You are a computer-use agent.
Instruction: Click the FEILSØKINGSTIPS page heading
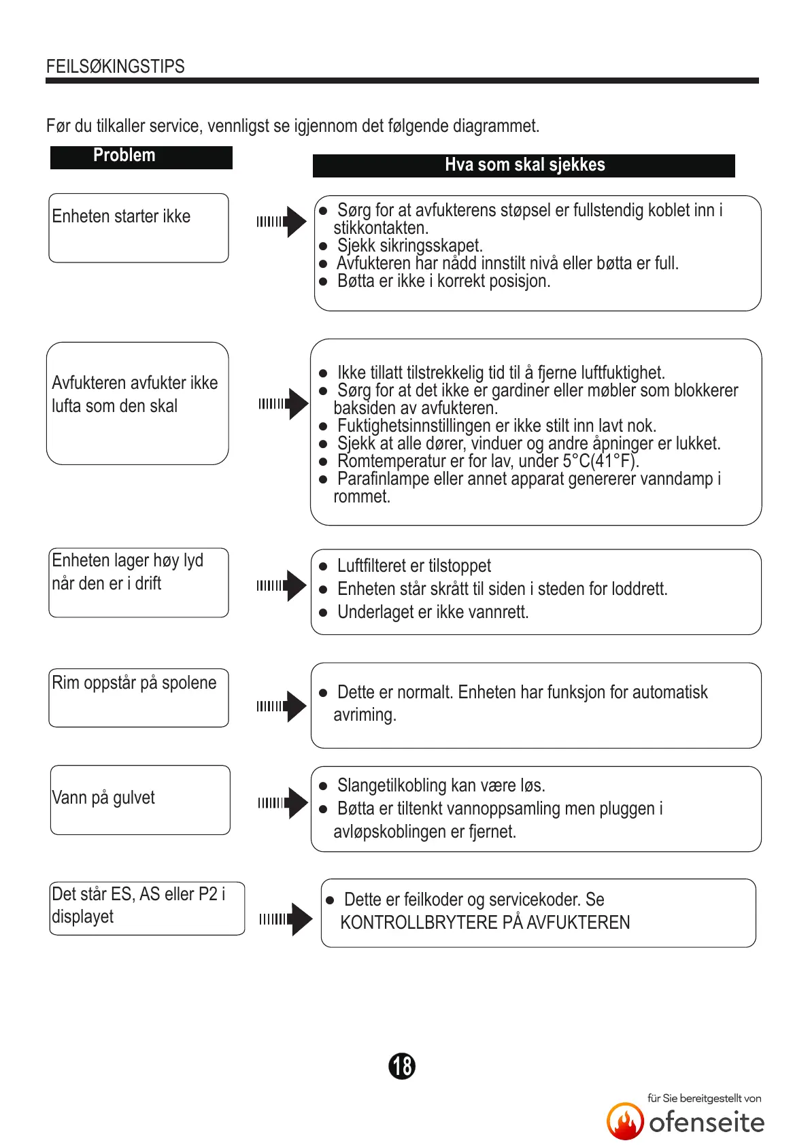click(116, 67)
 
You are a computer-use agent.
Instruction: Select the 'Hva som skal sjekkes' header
click(524, 165)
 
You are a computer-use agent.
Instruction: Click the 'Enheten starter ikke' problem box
click(139, 227)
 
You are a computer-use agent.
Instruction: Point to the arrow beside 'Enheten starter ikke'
click(282, 222)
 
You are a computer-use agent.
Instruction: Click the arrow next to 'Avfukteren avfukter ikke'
click(283, 404)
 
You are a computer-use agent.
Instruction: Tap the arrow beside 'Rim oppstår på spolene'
click(282, 706)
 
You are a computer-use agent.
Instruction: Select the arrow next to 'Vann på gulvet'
click(283, 803)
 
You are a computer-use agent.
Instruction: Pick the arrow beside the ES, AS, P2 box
click(286, 919)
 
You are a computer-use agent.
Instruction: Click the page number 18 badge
click(402, 1065)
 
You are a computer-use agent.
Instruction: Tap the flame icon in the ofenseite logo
click(625, 1121)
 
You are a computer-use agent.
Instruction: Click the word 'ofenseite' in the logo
click(707, 1123)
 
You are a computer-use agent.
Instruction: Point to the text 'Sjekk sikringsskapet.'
click(409, 245)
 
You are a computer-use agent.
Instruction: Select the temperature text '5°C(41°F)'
click(601, 461)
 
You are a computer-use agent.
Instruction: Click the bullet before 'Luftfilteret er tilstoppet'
click(324, 566)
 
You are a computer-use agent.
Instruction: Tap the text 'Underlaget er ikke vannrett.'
click(433, 612)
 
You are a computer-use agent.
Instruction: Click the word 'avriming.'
click(365, 715)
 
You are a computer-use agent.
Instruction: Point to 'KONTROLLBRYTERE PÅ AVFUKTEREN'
click(485, 923)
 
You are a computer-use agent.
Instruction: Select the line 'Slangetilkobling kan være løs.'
click(441, 786)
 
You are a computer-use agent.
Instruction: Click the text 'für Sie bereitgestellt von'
click(704, 1098)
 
